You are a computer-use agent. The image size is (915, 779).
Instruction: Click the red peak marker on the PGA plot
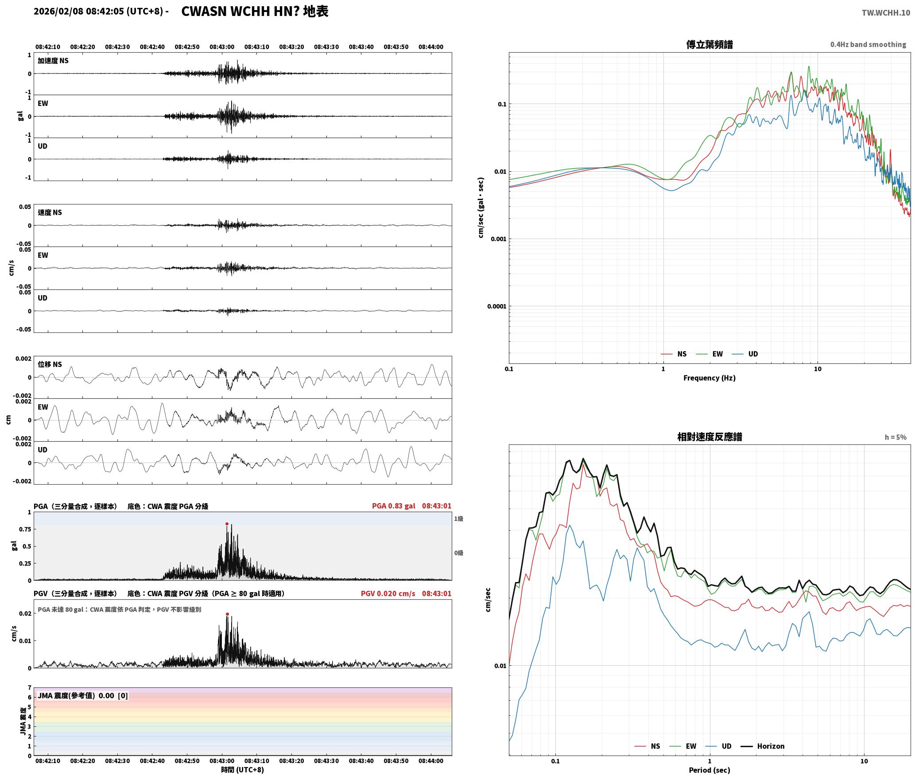coord(227,524)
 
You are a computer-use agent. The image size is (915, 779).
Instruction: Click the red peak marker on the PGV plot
coord(227,614)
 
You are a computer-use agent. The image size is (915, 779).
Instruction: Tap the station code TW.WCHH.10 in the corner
coord(886,13)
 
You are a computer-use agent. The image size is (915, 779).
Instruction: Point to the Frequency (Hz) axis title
coord(709,378)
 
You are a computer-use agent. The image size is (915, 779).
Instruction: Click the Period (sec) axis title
coord(709,770)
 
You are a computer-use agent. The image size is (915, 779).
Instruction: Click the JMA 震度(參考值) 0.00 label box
coord(83,696)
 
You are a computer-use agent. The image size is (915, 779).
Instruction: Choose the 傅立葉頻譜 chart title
coord(709,45)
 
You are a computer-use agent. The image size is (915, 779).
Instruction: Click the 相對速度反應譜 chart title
coord(710,437)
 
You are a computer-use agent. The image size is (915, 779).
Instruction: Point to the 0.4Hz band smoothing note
coord(868,45)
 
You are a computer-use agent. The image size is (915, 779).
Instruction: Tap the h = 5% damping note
coord(896,437)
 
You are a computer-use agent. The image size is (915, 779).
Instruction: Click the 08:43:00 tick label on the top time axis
coord(222,47)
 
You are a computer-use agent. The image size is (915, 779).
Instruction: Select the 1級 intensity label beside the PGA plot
coord(458,519)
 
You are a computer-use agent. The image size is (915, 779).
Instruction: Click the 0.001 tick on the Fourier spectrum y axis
coord(498,239)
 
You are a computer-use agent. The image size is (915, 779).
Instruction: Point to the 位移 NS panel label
coord(50,364)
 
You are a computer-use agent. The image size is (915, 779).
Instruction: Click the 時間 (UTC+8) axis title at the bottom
coord(242,770)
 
